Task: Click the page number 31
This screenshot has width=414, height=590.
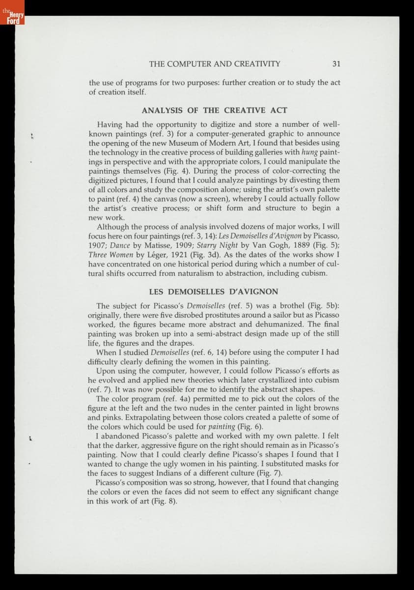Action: (336, 63)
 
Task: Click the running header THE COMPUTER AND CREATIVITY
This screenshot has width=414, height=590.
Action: (215, 63)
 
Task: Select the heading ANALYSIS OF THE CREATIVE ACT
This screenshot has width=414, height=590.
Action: (215, 110)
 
